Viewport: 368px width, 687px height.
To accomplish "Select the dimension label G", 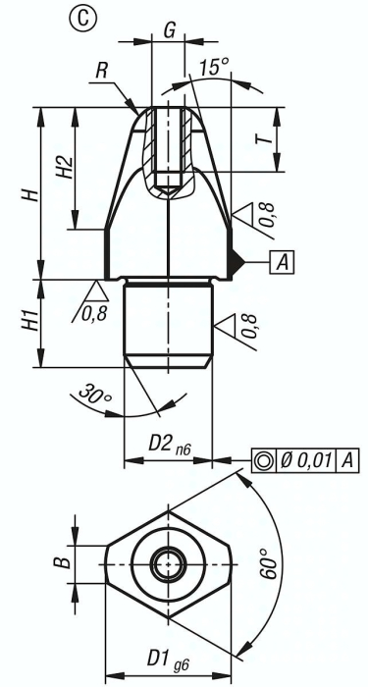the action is click(x=169, y=29).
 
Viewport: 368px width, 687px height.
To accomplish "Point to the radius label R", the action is click(x=102, y=71).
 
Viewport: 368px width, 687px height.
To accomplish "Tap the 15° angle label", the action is click(x=214, y=68).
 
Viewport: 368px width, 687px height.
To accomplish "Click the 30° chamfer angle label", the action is click(x=95, y=393).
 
